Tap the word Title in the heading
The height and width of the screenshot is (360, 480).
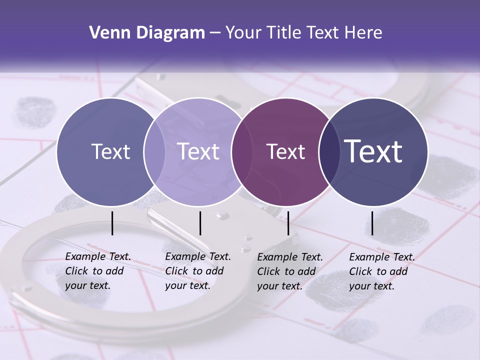(x=284, y=33)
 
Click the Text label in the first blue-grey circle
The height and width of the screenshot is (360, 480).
(x=110, y=152)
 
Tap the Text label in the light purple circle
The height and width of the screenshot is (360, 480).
(x=198, y=152)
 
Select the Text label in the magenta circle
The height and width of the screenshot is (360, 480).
(x=285, y=152)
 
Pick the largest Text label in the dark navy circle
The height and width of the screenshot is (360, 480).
(x=373, y=151)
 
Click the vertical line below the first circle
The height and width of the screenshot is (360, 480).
(x=112, y=223)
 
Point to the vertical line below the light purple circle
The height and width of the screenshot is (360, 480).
(x=200, y=223)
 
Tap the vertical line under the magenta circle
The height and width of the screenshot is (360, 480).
(x=288, y=223)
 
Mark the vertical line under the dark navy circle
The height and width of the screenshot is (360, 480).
(x=372, y=223)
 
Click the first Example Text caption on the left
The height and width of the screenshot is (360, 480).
(x=98, y=271)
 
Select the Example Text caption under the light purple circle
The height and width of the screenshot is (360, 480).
(x=198, y=271)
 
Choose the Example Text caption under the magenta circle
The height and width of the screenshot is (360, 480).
(x=290, y=271)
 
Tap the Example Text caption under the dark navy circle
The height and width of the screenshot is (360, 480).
(x=382, y=271)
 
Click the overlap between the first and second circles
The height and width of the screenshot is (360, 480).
(x=154, y=152)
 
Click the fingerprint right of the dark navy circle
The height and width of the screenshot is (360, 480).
(x=447, y=175)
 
